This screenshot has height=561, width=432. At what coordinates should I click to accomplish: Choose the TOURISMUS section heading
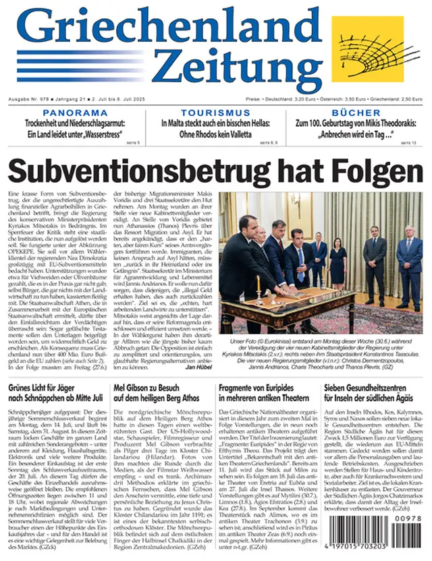pos(215,113)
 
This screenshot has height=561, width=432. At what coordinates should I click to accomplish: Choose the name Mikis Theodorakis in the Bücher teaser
pos(392,124)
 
